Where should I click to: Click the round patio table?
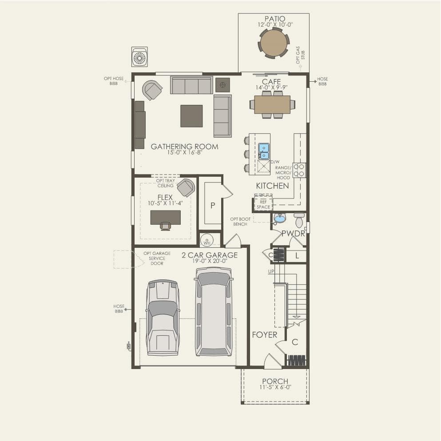coord(274,44)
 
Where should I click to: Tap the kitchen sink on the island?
coord(264,151)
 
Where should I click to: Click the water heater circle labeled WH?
coord(207,240)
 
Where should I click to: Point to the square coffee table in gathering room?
coord(191,116)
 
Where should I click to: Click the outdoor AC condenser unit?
coord(139,57)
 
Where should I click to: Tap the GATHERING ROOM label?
coord(184,146)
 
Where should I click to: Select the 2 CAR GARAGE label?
coord(210,255)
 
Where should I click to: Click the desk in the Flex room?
coord(165,218)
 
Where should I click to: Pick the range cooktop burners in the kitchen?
coord(299,170)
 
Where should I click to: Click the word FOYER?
coord(264,335)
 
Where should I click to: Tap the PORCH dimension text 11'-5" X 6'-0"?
coord(275,387)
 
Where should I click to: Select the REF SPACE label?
coord(263,204)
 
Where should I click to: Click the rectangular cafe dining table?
coord(272,105)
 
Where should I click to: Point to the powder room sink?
coord(279,218)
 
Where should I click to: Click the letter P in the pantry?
coord(213,206)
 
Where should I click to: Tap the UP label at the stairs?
coord(271,271)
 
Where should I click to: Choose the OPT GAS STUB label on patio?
coord(300,55)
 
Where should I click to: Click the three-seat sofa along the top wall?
coord(191,85)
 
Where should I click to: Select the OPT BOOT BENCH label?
coord(240,222)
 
